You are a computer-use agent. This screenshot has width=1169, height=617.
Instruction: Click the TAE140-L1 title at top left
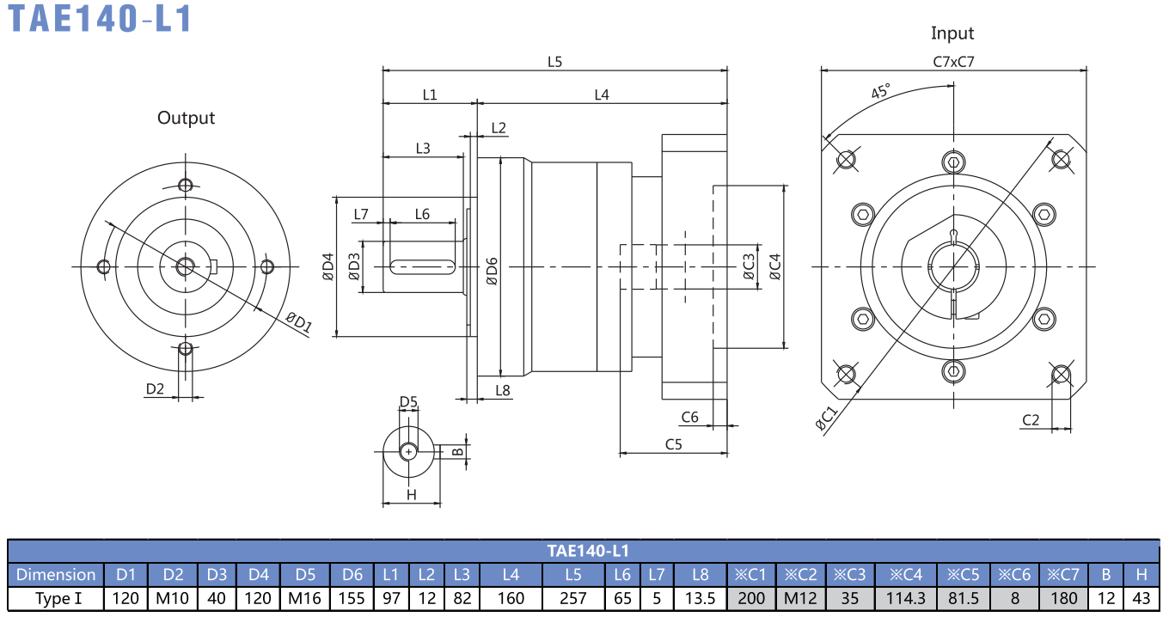[x=100, y=18]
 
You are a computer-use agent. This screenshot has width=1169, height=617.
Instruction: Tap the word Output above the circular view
[x=186, y=118]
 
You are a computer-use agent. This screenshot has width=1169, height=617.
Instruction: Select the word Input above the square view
[x=952, y=34]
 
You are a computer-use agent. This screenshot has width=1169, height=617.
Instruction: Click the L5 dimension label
[x=554, y=62]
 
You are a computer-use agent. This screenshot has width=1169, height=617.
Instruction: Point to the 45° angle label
[x=880, y=91]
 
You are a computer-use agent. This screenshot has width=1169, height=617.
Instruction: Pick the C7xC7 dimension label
[x=953, y=62]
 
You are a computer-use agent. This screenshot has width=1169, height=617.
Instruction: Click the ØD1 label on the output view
[x=299, y=322]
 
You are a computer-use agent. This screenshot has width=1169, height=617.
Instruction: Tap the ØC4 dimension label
[x=775, y=266]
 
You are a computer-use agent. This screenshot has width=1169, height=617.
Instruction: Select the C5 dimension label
[x=673, y=444]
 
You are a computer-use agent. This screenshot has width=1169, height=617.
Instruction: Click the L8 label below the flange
[x=503, y=390]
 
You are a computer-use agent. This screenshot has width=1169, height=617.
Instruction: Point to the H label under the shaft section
[x=411, y=495]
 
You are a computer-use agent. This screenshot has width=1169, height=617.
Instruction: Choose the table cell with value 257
[x=573, y=598]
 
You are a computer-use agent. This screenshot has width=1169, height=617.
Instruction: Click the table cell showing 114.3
[x=905, y=598]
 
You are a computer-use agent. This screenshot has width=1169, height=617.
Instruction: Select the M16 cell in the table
[x=305, y=598]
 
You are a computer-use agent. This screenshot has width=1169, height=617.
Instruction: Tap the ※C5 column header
[x=963, y=574]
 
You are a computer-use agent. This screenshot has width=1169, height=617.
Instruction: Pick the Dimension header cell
[x=56, y=574]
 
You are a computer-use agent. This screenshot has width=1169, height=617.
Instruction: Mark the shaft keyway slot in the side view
[x=423, y=267]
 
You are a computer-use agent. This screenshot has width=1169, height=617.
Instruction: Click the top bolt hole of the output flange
[x=186, y=185]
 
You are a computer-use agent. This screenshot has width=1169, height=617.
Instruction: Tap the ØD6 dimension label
[x=492, y=272]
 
